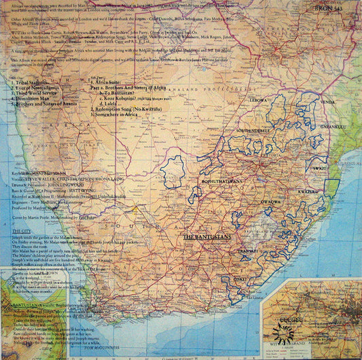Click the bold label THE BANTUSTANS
click(x=208, y=237)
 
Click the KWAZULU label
click(x=308, y=192)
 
